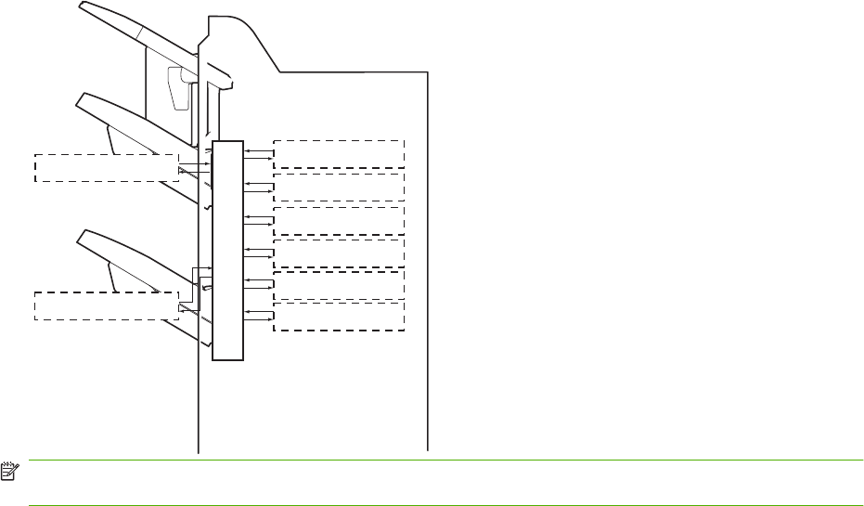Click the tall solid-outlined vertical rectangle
(227, 250)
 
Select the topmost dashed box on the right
(340, 153)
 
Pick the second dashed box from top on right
(340, 187)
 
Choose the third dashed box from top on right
(340, 220)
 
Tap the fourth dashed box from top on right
(340, 253)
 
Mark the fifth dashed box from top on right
(340, 284)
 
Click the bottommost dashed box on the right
(340, 316)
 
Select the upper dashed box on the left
(105, 167)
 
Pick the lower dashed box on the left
(105, 305)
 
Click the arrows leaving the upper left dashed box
(195, 167)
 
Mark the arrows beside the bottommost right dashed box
(258, 316)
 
